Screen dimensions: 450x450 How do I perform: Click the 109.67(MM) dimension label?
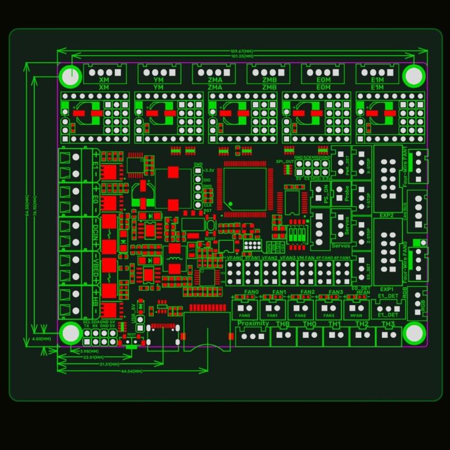pos(240,51)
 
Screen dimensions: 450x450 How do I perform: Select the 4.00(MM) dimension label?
pos(42,339)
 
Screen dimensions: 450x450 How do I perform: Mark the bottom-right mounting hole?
pos(414,332)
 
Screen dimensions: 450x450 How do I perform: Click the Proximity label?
pos(253,324)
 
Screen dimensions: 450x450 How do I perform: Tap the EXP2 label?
pos(386,215)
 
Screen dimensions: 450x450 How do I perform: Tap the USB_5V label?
pos(133,314)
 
